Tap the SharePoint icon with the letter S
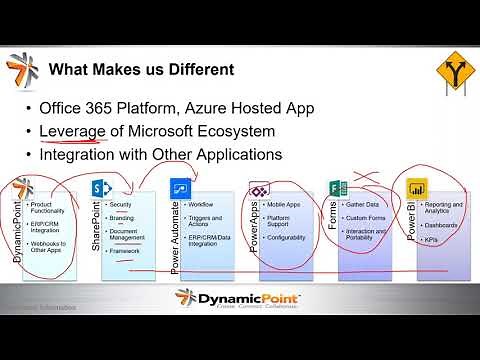coord(100,188)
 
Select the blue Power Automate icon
coord(180,189)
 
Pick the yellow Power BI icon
coord(416,189)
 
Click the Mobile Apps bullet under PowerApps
coord(285,205)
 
